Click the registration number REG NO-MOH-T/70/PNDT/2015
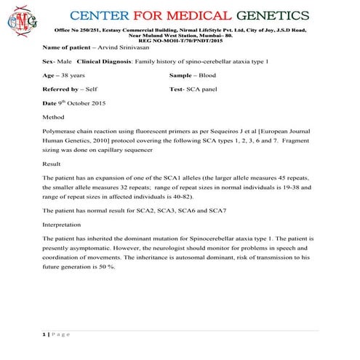(180, 40)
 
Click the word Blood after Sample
(217, 76)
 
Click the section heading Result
(53, 164)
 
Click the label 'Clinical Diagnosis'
(100, 61)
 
